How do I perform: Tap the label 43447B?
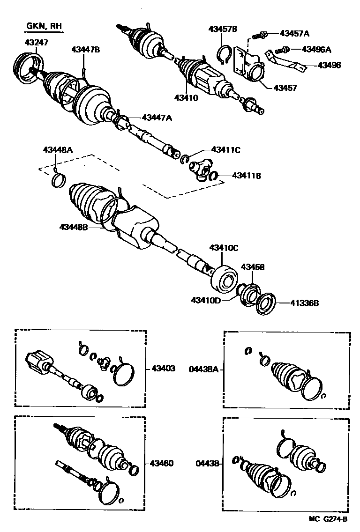(x=86, y=49)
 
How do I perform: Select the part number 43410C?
(x=224, y=247)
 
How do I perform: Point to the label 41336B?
(x=303, y=303)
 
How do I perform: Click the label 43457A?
(x=295, y=33)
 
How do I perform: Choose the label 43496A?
(x=316, y=49)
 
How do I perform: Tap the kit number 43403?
(x=163, y=369)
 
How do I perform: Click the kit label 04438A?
(x=203, y=369)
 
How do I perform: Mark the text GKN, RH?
(x=44, y=27)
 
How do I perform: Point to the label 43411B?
(x=246, y=176)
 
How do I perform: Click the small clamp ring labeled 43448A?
(x=58, y=180)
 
